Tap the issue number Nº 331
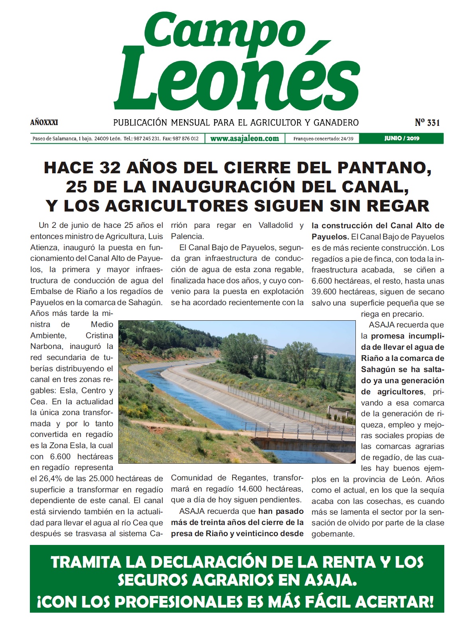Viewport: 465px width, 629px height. tap(427, 122)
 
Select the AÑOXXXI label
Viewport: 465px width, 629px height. tap(44, 122)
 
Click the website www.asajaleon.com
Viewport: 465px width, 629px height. tap(245, 139)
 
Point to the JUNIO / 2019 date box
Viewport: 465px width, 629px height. tap(402, 139)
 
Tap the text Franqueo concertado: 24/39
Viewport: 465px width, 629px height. tap(323, 139)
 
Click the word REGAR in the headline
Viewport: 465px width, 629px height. tap(399, 206)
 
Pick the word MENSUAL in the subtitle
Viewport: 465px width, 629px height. tap(191, 122)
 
